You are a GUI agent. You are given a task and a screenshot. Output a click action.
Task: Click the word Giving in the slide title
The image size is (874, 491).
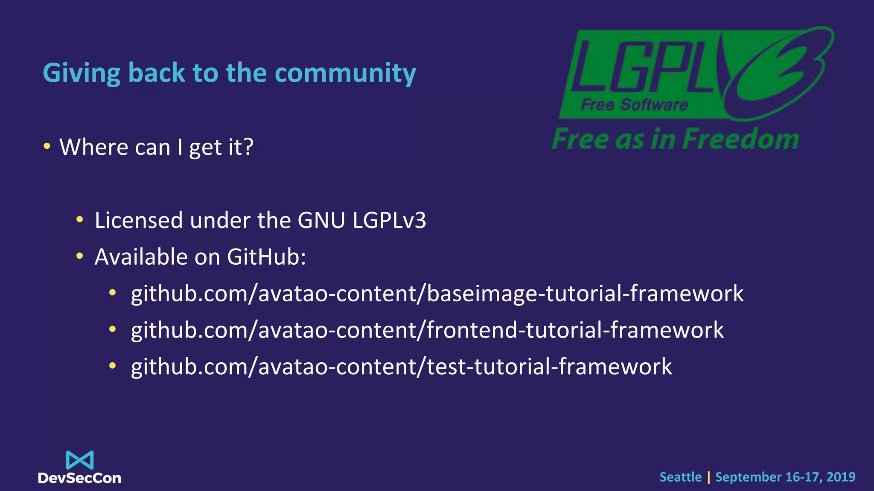click(82, 73)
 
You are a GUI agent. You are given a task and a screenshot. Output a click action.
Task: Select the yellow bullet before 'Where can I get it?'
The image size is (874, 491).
click(47, 147)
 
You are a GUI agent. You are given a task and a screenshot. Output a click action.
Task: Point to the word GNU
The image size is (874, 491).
click(321, 220)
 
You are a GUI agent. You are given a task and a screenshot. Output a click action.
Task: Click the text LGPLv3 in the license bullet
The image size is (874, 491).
click(389, 220)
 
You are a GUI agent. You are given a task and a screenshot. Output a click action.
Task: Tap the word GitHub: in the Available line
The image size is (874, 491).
click(266, 257)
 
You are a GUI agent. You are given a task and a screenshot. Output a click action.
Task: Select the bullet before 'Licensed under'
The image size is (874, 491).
click(79, 220)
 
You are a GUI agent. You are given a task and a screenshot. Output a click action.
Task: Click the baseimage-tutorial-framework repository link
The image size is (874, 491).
click(437, 294)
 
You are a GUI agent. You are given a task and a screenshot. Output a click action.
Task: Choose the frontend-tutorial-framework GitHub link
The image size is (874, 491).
click(427, 330)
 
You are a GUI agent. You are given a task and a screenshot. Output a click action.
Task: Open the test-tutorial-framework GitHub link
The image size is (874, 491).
click(401, 367)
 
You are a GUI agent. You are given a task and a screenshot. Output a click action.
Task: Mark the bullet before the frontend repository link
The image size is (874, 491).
click(112, 329)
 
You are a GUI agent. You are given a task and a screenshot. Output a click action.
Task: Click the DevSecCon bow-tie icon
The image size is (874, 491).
click(80, 460)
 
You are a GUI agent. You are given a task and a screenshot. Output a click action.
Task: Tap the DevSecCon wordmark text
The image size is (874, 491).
click(80, 478)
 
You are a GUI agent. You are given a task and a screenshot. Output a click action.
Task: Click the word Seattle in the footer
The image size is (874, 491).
click(680, 477)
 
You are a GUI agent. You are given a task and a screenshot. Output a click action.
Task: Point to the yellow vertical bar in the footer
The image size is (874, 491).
click(708, 477)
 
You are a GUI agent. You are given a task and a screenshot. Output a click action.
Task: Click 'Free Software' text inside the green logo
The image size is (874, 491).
click(634, 104)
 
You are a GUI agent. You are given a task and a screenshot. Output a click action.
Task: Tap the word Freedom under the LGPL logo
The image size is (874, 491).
click(742, 139)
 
